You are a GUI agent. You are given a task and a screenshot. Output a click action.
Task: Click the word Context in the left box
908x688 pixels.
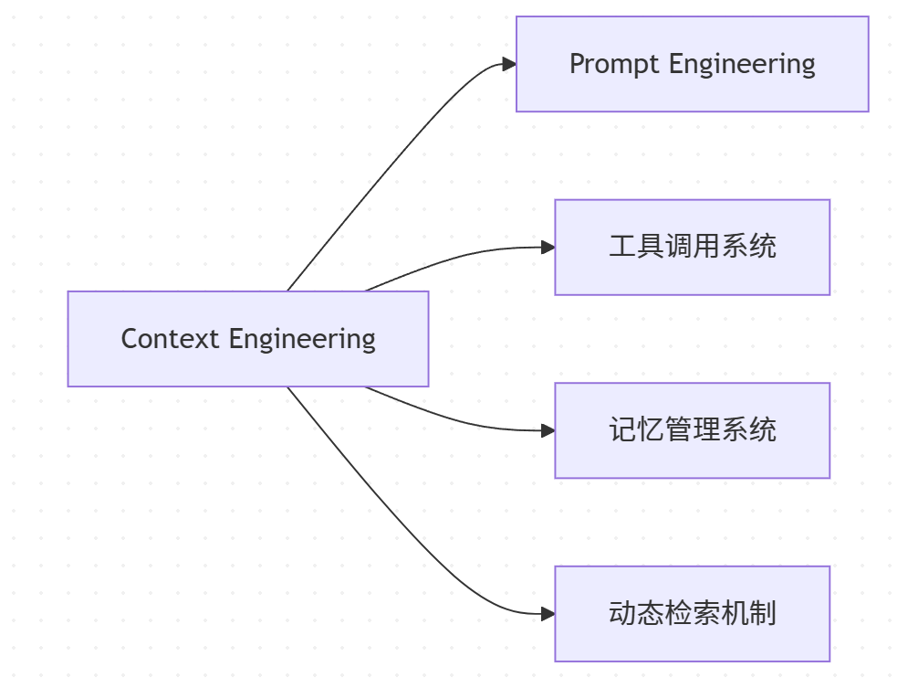click(171, 339)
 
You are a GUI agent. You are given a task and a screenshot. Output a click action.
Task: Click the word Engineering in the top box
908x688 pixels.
click(742, 64)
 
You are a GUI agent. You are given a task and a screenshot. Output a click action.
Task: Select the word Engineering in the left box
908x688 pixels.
click(302, 339)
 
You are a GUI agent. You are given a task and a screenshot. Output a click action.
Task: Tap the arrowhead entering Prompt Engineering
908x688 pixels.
click(509, 64)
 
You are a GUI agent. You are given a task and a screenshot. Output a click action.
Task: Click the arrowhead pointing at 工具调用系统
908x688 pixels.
click(548, 247)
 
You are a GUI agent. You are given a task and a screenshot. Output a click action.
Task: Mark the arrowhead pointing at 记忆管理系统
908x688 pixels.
click(548, 430)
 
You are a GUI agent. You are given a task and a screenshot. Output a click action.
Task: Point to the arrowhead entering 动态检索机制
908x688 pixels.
click(548, 614)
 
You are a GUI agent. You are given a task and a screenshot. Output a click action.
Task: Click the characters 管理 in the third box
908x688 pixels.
click(693, 430)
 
